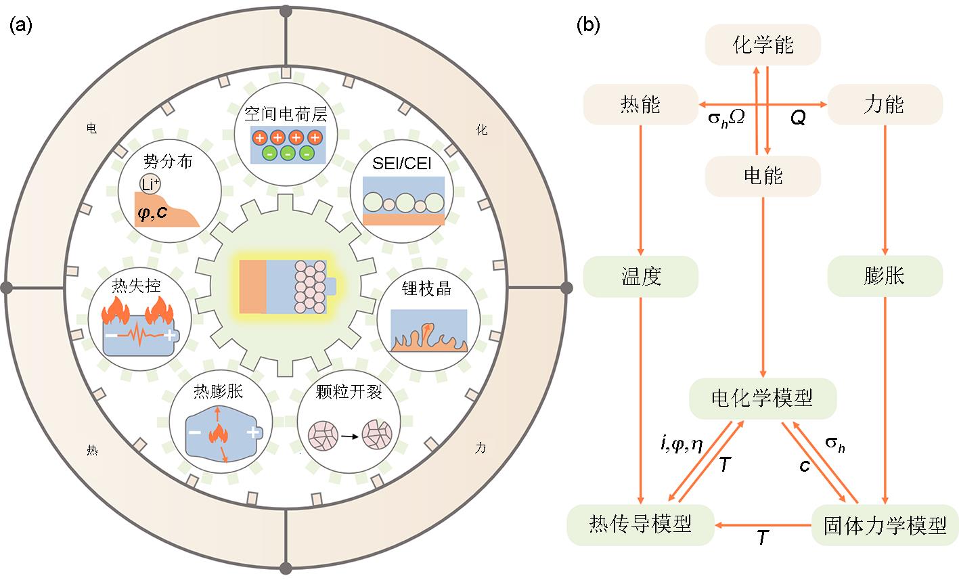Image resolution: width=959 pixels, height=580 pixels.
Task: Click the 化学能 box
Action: click(x=763, y=45)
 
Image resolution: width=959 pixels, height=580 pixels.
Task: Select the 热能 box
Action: click(x=640, y=104)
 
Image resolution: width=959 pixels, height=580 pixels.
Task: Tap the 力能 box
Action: click(x=885, y=104)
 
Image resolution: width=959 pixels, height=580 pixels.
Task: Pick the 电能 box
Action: click(x=763, y=176)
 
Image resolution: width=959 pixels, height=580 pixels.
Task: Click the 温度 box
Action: click(x=640, y=276)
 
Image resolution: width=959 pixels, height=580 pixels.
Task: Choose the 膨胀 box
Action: click(x=885, y=276)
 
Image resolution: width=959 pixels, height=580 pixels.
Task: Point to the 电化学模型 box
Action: click(x=763, y=398)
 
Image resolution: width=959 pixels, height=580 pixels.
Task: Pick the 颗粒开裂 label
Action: click(x=349, y=392)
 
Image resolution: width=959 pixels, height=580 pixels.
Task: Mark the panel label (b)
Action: click(x=586, y=26)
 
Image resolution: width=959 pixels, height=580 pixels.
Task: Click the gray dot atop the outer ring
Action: click(x=286, y=12)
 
